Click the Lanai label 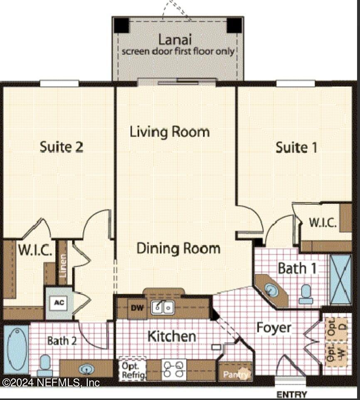175,40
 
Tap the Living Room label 170,132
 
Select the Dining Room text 178,248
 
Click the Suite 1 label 296,147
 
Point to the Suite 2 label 62,146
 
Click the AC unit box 59,302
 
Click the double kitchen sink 163,307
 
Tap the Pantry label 236,374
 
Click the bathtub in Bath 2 16,350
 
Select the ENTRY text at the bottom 291,394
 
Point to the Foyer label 274,327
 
